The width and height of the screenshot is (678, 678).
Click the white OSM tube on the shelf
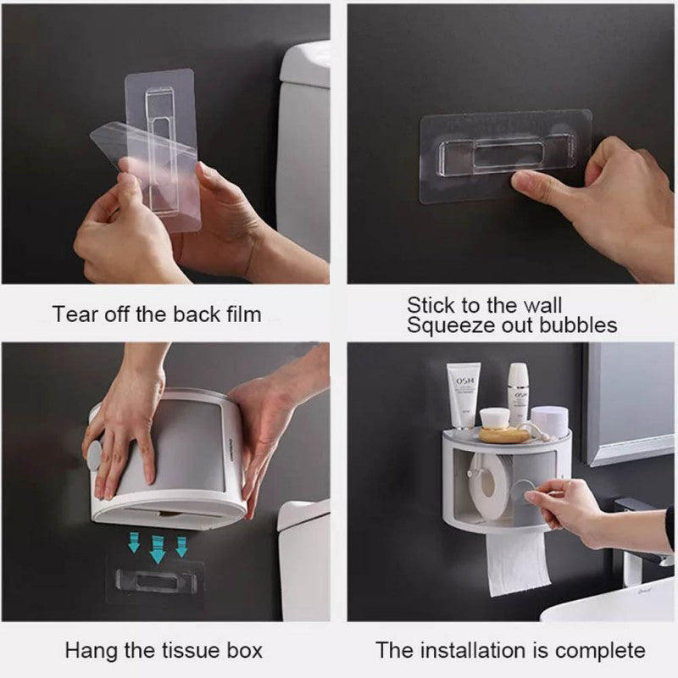click(464, 393)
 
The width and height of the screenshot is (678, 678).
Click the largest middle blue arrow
click(158, 547)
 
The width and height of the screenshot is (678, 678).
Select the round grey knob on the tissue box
click(94, 456)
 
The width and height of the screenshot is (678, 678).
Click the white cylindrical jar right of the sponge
click(549, 420)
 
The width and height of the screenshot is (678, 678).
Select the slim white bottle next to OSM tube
click(518, 392)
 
